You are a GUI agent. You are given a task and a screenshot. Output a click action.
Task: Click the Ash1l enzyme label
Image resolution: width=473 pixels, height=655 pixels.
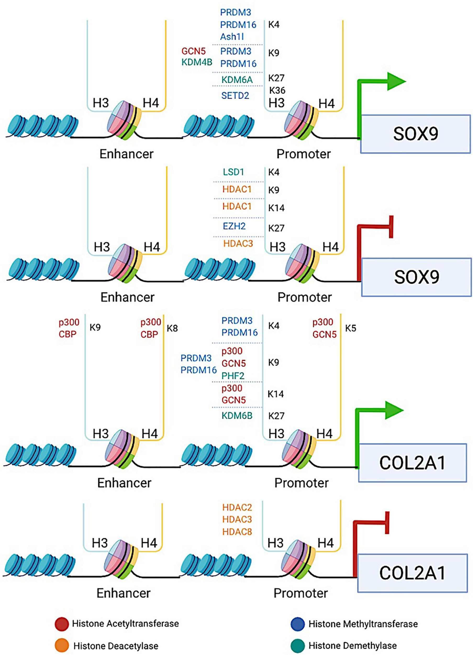click(232, 37)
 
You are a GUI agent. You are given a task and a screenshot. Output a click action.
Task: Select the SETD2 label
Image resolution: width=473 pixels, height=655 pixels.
click(235, 96)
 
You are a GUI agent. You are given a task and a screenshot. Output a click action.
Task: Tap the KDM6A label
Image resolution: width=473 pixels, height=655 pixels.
click(237, 80)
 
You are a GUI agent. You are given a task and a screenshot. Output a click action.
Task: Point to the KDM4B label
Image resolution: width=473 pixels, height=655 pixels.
click(197, 62)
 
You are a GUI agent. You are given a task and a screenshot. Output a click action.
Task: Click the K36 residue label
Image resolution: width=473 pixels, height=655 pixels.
click(277, 90)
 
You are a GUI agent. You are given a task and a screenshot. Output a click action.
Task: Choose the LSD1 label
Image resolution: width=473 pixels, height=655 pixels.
click(233, 172)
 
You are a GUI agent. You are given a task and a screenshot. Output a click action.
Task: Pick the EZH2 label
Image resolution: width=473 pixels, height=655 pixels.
click(234, 226)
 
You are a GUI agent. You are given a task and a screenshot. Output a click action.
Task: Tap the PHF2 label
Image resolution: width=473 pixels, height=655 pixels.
click(233, 376)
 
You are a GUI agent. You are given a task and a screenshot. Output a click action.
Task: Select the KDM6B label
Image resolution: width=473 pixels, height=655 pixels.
click(237, 416)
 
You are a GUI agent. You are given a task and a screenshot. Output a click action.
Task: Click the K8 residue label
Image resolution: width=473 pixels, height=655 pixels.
click(172, 328)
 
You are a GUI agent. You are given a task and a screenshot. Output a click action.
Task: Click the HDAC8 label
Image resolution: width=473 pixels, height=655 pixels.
click(237, 532)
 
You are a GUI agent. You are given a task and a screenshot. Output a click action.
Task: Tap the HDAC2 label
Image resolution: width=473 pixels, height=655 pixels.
click(237, 507)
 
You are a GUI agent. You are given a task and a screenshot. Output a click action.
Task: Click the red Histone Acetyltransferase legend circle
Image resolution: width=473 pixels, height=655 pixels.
click(62, 624)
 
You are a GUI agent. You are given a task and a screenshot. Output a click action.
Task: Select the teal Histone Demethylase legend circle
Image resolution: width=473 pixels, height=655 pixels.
click(298, 646)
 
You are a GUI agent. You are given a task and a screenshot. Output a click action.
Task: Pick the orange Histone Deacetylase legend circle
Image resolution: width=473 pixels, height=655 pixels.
click(62, 646)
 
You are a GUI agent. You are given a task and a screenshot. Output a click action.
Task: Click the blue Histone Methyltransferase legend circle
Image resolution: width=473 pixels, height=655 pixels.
click(298, 624)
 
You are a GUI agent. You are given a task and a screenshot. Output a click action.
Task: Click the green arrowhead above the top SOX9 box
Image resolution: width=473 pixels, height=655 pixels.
click(396, 81)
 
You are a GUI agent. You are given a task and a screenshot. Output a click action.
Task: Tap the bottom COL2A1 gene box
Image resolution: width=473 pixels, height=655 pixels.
click(412, 573)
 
